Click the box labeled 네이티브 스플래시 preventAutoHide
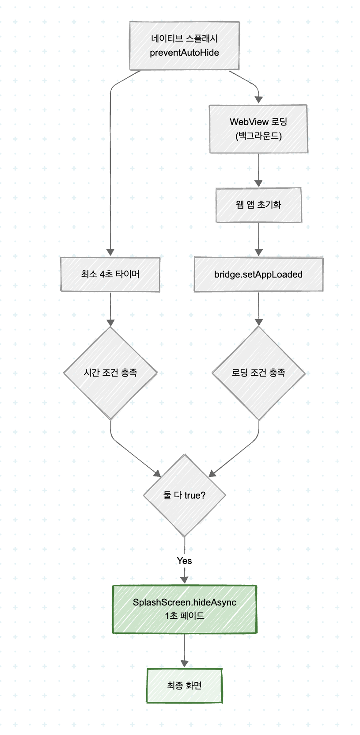click(184, 46)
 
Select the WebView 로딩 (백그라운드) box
click(258, 129)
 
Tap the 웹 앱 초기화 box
click(258, 205)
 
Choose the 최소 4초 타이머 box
click(110, 274)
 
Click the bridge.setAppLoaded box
click(258, 274)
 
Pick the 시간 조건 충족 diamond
click(110, 373)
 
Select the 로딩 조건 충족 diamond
click(258, 373)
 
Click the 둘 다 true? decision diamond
click(184, 495)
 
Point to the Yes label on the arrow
click(184, 561)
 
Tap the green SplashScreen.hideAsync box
click(184, 609)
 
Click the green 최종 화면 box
click(184, 685)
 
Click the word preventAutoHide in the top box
click(184, 53)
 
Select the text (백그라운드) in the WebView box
click(258, 136)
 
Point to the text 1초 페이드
click(184, 616)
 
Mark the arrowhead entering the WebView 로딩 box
click(259, 100)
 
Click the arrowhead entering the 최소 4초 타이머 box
click(110, 252)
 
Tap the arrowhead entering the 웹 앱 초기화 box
click(258, 183)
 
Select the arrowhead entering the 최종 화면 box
click(184, 663)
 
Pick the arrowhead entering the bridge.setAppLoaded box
click(258, 252)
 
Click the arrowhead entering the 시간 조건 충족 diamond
click(110, 322)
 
